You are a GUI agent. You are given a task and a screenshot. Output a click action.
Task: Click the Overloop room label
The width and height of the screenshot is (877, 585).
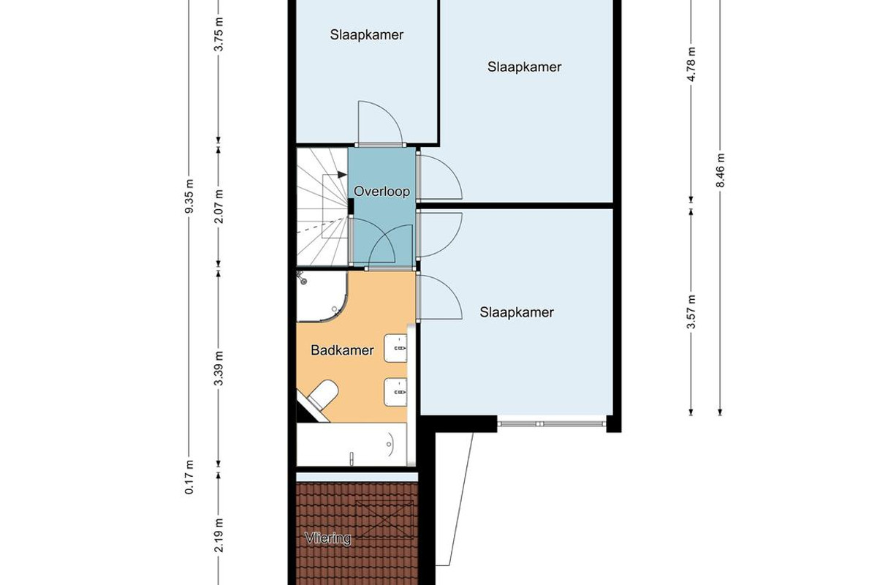[x=381, y=192]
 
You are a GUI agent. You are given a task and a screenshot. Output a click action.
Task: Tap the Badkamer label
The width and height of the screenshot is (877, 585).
[x=342, y=350]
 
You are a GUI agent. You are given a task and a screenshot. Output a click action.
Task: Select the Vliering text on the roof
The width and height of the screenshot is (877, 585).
[x=328, y=538]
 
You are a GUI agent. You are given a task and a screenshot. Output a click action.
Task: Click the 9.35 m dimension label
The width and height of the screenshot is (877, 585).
[x=189, y=196]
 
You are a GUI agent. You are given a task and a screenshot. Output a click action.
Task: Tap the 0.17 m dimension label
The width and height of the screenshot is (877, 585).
[x=189, y=477]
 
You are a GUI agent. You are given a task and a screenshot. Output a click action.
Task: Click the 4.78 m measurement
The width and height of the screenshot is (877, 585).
[x=691, y=64]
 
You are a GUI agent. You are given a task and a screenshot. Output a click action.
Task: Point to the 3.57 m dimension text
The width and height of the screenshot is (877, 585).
[x=691, y=312]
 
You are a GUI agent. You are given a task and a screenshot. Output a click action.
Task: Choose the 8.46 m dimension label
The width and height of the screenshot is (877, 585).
[x=720, y=170]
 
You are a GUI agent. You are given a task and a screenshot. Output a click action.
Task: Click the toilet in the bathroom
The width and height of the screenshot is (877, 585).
[x=321, y=396]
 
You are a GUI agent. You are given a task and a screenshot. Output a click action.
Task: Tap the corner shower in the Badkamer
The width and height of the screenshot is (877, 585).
[x=322, y=296]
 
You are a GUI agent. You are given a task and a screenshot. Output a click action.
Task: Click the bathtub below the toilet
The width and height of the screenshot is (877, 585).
[x=352, y=445]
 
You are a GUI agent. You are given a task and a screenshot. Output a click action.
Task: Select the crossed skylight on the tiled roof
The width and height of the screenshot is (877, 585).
[x=384, y=519]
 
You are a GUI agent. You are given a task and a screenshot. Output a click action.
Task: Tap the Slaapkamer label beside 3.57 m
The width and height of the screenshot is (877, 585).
[x=517, y=312]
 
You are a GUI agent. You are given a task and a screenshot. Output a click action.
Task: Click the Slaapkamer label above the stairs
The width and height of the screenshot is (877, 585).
[x=366, y=35]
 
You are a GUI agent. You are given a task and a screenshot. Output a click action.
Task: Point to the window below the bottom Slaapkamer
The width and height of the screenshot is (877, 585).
[x=552, y=423]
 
